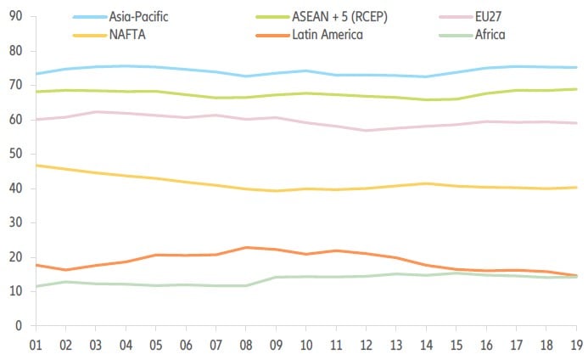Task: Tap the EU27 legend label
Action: tap(479, 17)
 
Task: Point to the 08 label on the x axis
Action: tap(246, 345)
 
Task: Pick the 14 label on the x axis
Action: tap(427, 345)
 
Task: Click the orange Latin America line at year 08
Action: tap(246, 248)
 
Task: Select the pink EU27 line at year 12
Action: tap(367, 131)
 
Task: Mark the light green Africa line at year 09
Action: tap(276, 277)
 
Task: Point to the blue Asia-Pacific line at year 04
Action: tap(126, 65)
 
